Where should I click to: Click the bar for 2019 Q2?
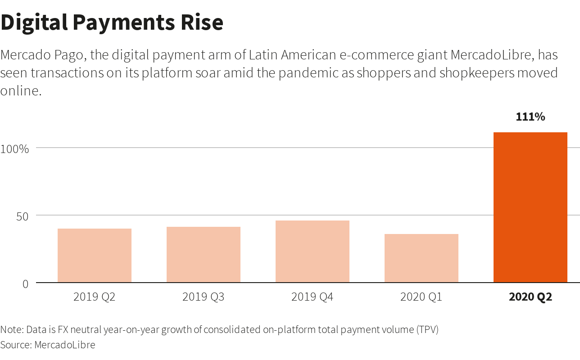pyautogui.click(x=95, y=256)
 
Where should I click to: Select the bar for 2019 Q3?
pyautogui.click(x=204, y=255)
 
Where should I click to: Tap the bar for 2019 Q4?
pyautogui.click(x=313, y=252)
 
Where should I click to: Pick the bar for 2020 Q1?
pyautogui.click(x=421, y=258)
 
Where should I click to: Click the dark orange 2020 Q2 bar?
pyautogui.click(x=530, y=207)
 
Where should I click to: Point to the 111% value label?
pyautogui.click(x=530, y=117)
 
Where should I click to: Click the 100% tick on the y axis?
pyautogui.click(x=14, y=149)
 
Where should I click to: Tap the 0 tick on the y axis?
pyautogui.click(x=25, y=284)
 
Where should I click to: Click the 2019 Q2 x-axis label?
pyautogui.click(x=95, y=297)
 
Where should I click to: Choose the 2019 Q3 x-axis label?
pyautogui.click(x=204, y=297)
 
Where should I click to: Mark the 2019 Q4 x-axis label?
pyautogui.click(x=313, y=297)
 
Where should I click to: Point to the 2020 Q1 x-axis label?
pyautogui.click(x=421, y=297)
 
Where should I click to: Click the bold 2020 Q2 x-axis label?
pyautogui.click(x=530, y=297)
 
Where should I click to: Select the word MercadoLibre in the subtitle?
pyautogui.click(x=492, y=55)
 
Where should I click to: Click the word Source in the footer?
pyautogui.click(x=15, y=345)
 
